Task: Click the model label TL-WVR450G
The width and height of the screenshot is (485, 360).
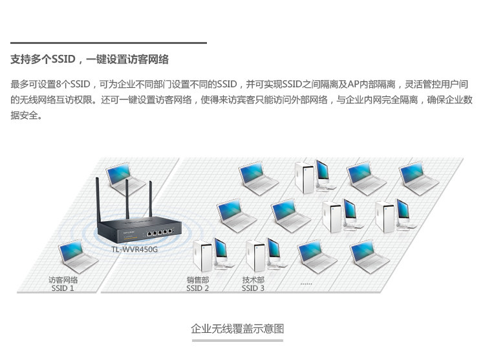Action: tap(135, 249)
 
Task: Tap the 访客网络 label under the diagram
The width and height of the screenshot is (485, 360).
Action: tap(63, 280)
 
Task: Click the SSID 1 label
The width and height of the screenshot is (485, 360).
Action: tap(63, 288)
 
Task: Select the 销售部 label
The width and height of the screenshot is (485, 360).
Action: tap(197, 280)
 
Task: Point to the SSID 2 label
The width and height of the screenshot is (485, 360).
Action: tap(197, 288)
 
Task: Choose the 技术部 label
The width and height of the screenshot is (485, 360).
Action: tap(253, 280)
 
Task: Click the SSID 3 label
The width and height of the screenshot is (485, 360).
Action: tap(253, 288)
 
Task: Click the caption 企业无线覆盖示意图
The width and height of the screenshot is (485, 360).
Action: tap(237, 328)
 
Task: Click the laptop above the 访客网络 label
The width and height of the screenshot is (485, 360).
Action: tap(77, 257)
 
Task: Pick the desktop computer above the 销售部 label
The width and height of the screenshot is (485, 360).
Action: tap(211, 254)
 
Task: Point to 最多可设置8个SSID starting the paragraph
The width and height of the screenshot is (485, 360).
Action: tap(50, 85)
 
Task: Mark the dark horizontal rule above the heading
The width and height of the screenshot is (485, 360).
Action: tap(109, 43)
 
